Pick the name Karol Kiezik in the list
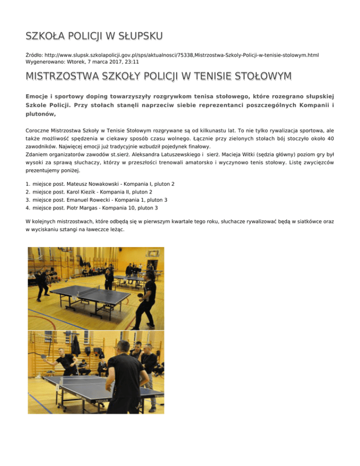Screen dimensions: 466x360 82,192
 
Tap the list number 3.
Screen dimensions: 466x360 28,200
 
